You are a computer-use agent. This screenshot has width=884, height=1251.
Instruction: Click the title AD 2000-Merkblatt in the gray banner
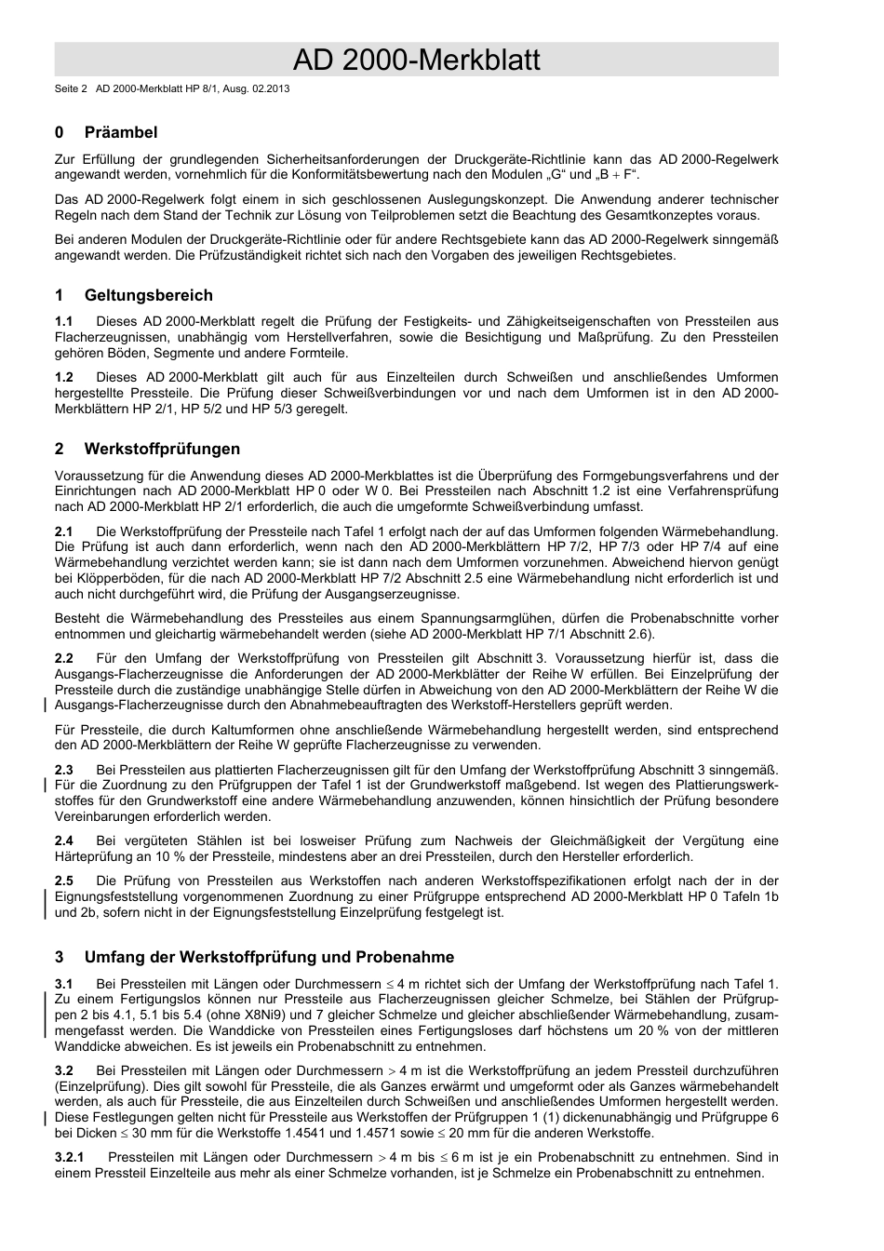click(x=416, y=61)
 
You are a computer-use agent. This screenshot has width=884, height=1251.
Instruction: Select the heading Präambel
click(x=121, y=132)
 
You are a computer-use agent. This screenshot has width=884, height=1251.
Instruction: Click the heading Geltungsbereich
click(x=148, y=295)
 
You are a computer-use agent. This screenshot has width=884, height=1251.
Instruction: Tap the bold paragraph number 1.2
click(x=64, y=378)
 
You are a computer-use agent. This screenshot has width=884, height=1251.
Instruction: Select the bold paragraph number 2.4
click(x=64, y=841)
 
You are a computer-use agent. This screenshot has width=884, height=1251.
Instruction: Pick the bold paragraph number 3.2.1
click(x=70, y=1158)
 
